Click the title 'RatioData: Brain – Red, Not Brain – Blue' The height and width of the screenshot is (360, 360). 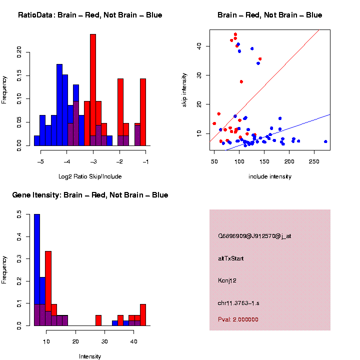(x=90, y=15)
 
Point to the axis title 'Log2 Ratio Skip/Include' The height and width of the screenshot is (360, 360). (x=89, y=176)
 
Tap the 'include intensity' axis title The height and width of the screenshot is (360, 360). (x=269, y=176)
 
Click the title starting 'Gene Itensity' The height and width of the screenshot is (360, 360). (x=90, y=195)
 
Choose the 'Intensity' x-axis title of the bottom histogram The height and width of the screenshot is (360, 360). (x=90, y=356)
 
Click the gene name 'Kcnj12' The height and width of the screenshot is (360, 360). (x=227, y=280)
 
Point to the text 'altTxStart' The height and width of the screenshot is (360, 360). (x=231, y=258)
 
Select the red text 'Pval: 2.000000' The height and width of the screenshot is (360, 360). (x=238, y=319)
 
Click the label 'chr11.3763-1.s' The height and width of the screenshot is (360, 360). (x=238, y=302)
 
